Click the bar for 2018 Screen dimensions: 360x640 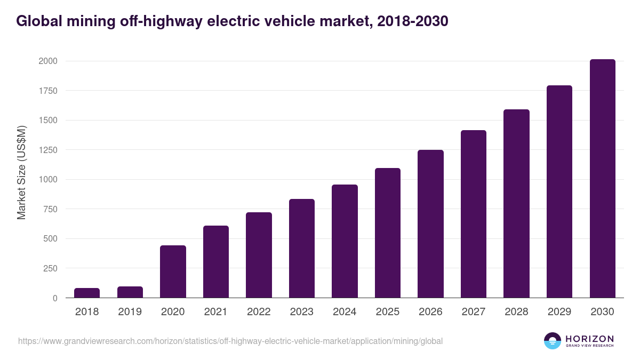pos(87,293)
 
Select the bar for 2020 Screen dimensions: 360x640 pos(173,271)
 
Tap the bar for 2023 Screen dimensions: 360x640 pos(302,248)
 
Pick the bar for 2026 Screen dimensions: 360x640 pos(430,223)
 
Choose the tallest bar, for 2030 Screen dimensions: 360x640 pos(602,178)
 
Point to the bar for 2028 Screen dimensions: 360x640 pos(516,203)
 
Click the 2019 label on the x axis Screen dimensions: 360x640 pos(130,311)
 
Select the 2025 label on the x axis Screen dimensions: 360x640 pos(387,311)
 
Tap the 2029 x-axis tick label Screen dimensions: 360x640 pos(559,311)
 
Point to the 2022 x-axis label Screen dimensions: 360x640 pos(259,311)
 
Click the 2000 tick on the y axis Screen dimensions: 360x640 pos(47,61)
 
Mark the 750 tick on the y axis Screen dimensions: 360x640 pos(50,209)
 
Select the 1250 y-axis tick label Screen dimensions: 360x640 pos(47,150)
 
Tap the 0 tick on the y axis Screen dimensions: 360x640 pos(55,298)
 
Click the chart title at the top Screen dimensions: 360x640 pos(232,21)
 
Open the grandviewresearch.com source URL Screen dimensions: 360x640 pos(230,341)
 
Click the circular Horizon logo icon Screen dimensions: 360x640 pos(553,341)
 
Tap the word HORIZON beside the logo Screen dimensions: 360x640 pos(589,338)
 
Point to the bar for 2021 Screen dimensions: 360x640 pos(216,261)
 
